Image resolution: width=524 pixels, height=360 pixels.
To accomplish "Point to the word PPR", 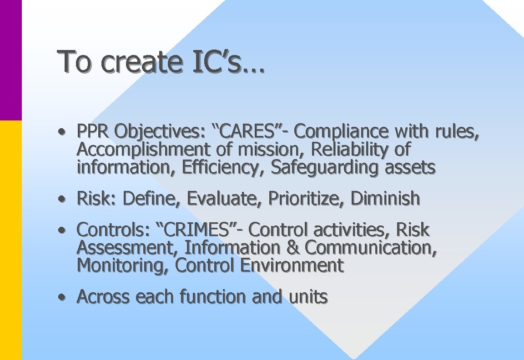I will tap(93, 132).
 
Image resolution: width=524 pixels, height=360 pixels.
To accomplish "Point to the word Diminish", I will tap(385, 199).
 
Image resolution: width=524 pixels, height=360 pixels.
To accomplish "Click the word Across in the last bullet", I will tap(104, 297).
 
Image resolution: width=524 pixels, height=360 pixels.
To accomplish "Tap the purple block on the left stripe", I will tap(10, 59).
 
